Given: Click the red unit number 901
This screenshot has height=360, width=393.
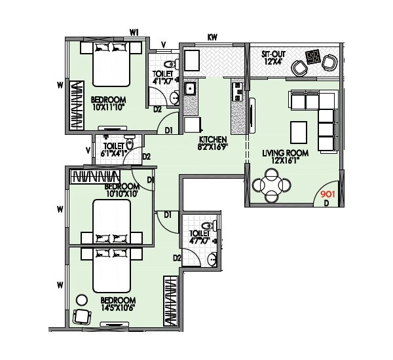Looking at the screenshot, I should click(326, 194).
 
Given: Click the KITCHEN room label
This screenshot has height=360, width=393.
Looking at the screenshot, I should click(213, 139).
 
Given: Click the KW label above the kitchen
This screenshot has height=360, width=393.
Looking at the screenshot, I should click(212, 37).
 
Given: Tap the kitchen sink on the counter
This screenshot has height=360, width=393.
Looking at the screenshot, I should click(190, 88).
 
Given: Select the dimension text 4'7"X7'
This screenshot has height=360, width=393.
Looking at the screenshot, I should click(200, 241).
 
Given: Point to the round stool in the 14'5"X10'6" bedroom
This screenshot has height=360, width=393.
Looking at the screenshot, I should click(82, 299).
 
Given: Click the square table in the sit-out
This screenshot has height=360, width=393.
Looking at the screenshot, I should click(314, 56).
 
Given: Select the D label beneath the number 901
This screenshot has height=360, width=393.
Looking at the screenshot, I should click(326, 204).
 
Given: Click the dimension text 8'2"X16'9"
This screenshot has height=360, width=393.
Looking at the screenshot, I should click(213, 148).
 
